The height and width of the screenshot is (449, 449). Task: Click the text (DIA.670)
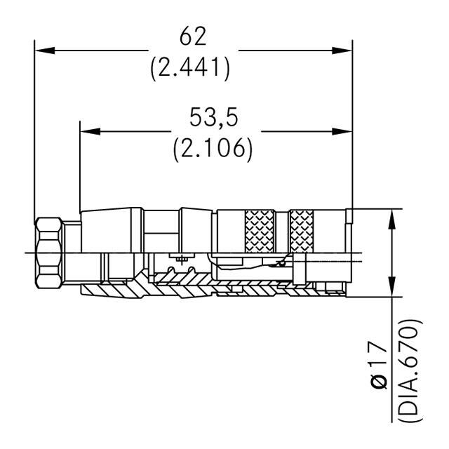coord(411,372)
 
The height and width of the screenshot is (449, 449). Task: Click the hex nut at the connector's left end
coord(47,252)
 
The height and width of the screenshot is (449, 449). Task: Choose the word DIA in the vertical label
coord(411,397)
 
